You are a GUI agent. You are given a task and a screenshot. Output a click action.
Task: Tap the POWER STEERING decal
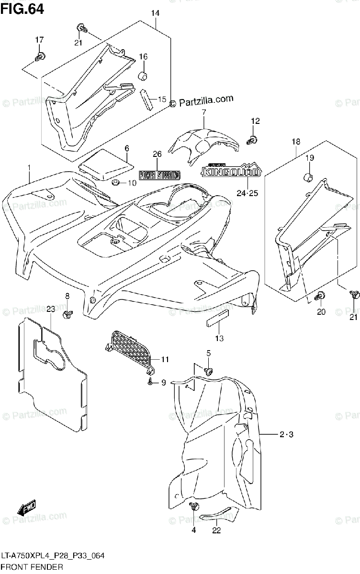tap(160, 175)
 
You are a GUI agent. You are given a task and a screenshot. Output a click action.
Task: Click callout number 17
tap(39, 40)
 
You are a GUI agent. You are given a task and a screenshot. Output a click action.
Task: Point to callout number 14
tap(155, 13)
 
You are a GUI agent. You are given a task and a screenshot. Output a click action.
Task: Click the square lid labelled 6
tap(105, 164)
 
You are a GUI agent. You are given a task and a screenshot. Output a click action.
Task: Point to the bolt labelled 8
tap(67, 314)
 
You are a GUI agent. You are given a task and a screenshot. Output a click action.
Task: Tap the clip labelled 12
tap(252, 139)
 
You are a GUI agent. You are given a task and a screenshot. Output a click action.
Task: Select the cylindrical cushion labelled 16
tap(142, 76)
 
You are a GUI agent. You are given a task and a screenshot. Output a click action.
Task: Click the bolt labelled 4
tap(194, 507)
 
